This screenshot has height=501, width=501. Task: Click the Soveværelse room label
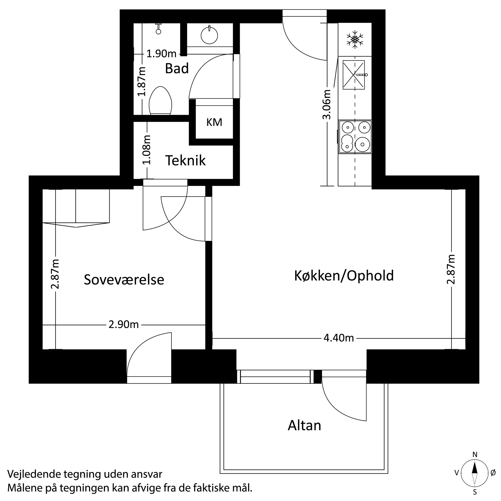click(124, 280)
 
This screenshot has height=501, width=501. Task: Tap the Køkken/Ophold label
click(344, 276)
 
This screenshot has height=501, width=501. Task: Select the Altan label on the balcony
click(304, 426)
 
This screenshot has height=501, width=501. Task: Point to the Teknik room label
click(185, 161)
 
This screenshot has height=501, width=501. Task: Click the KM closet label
click(214, 122)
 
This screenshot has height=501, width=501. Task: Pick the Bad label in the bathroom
click(177, 69)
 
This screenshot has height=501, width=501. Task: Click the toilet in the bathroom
click(161, 101)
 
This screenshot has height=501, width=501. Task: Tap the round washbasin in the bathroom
click(209, 35)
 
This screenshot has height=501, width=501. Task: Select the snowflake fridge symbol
click(355, 40)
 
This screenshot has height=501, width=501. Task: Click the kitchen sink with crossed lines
click(353, 75)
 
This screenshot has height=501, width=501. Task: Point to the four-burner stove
click(355, 137)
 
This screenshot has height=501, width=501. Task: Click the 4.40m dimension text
click(339, 338)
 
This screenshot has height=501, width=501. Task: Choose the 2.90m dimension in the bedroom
click(124, 325)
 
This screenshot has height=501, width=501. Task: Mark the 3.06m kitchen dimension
click(327, 105)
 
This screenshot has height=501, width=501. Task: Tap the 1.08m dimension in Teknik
click(147, 150)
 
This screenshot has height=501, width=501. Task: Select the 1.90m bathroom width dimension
click(161, 54)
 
